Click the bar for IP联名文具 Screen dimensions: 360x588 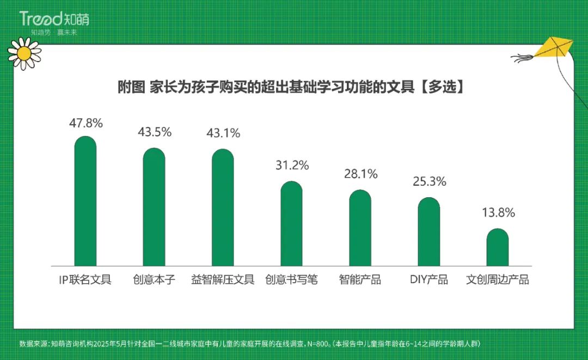(85, 202)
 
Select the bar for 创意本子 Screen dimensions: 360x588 (154, 207)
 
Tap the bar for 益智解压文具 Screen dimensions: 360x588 (223, 208)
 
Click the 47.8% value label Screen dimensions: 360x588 (85, 123)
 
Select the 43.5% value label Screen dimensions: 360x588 (154, 132)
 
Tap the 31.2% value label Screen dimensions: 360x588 (291, 165)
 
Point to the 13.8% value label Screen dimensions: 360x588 (497, 213)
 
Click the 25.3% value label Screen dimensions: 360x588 (428, 181)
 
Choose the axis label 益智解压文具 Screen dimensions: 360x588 (223, 280)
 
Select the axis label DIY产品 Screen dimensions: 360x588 (428, 280)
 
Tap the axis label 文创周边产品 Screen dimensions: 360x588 (497, 280)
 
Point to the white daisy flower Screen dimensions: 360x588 (24, 53)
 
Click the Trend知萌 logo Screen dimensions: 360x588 (54, 20)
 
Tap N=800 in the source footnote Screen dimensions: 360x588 (316, 344)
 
